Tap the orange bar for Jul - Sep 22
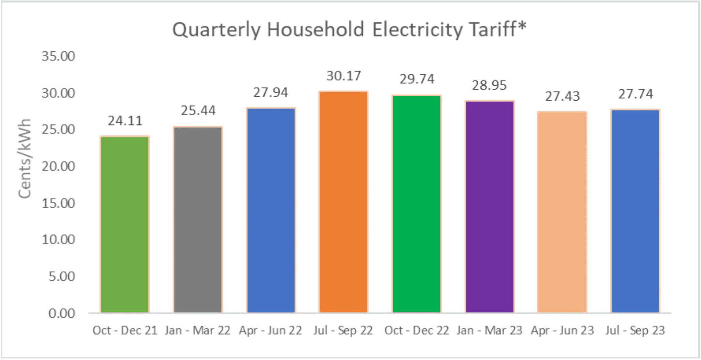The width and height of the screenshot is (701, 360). coord(343,202)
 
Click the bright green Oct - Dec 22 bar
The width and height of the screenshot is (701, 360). coord(417,204)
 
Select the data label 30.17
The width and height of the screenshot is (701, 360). coord(343,76)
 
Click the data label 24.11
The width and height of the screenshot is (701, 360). coord(125,121)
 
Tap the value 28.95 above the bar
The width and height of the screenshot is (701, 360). coord(489,85)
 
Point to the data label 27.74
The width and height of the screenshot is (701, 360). coord(635,94)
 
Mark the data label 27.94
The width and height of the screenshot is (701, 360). coord(271,92)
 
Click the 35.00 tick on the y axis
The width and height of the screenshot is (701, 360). coord(58,56)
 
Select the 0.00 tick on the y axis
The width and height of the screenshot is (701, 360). coord(62,313)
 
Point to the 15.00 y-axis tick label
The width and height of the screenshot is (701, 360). coord(58,203)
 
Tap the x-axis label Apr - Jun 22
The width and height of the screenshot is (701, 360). coord(271,330)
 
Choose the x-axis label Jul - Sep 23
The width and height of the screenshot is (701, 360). coord(635,330)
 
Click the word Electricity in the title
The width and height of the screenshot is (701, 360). coord(417,30)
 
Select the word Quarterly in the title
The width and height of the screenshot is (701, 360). coord(217,30)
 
